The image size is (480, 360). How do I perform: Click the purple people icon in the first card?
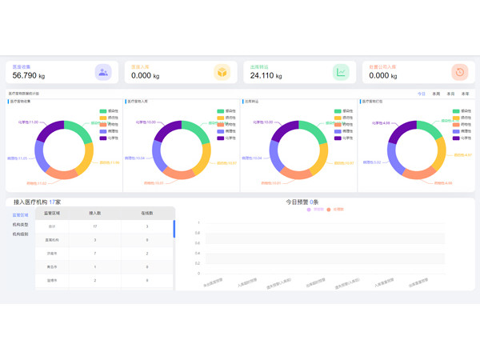(x=103, y=72)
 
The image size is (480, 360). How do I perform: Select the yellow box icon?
(x=222, y=72)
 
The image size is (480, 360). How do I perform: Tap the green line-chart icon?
(x=341, y=72)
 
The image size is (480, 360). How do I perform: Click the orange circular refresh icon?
(x=459, y=72)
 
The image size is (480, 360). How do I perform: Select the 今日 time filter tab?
(x=422, y=94)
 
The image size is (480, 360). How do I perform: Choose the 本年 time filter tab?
(x=465, y=94)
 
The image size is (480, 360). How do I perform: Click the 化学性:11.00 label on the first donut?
(x=28, y=122)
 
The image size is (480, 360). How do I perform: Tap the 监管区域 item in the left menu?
(x=20, y=215)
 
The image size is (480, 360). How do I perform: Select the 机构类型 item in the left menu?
(x=20, y=225)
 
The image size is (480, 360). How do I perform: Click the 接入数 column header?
(x=95, y=214)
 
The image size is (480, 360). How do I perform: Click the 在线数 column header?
(x=147, y=214)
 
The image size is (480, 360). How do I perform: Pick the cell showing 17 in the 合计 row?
(x=95, y=226)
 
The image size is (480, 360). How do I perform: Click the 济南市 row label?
(x=52, y=254)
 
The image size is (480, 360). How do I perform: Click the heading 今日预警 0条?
(x=302, y=202)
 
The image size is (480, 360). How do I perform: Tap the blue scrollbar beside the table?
(x=174, y=229)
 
